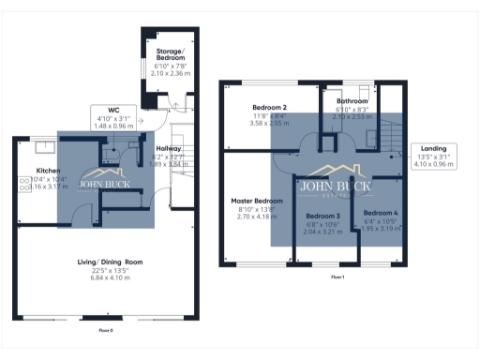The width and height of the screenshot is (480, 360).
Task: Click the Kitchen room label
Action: click(x=49, y=171)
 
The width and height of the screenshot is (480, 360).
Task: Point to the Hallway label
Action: click(x=169, y=148)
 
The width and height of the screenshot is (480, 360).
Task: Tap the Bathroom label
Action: click(x=352, y=101)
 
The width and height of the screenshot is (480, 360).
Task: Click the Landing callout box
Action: click(x=432, y=155)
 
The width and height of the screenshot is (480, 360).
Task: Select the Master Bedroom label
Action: click(x=257, y=201)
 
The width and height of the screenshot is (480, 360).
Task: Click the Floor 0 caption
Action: click(x=106, y=331)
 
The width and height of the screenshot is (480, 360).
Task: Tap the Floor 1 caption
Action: click(x=337, y=277)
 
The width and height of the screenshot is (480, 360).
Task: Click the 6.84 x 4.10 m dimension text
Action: click(x=110, y=278)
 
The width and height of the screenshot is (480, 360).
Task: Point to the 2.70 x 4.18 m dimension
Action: click(x=257, y=217)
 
